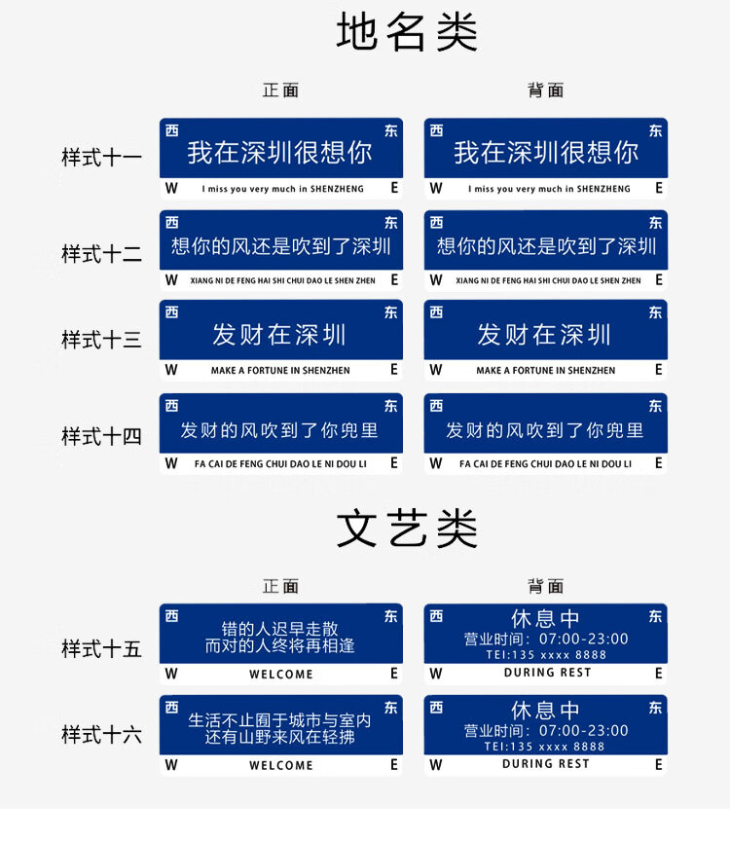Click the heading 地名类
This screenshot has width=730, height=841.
pyautogui.click(x=407, y=32)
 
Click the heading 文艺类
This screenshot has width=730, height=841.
pyautogui.click(x=407, y=529)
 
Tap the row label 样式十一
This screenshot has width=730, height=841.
pyautogui.click(x=101, y=158)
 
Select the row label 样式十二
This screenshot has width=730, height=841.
pyautogui.click(x=101, y=254)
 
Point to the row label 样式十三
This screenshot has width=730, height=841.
pyautogui.click(x=101, y=340)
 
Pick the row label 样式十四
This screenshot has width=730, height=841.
pyautogui.click(x=101, y=436)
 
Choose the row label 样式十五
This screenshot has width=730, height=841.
pyautogui.click(x=101, y=648)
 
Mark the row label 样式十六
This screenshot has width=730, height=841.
pyautogui.click(x=101, y=734)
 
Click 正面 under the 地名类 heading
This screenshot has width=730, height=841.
pyautogui.click(x=280, y=91)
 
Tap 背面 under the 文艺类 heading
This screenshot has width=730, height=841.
pyautogui.click(x=545, y=586)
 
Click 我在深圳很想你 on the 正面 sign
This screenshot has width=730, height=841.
pyautogui.click(x=279, y=152)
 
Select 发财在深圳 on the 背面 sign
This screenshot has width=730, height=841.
pyautogui.click(x=544, y=335)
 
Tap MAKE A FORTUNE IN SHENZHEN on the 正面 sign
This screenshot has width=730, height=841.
pyautogui.click(x=280, y=370)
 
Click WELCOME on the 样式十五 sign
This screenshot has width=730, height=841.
pyautogui.click(x=281, y=675)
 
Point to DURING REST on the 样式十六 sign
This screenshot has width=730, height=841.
pyautogui.click(x=545, y=764)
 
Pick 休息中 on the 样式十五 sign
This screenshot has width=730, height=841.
pyautogui.click(x=545, y=618)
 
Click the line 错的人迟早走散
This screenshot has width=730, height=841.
pyautogui.click(x=280, y=629)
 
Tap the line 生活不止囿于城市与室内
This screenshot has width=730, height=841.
pyautogui.click(x=279, y=720)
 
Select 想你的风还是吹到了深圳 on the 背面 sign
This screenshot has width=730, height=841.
pyautogui.click(x=546, y=246)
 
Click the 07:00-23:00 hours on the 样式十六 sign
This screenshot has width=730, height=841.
pyautogui.click(x=584, y=730)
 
